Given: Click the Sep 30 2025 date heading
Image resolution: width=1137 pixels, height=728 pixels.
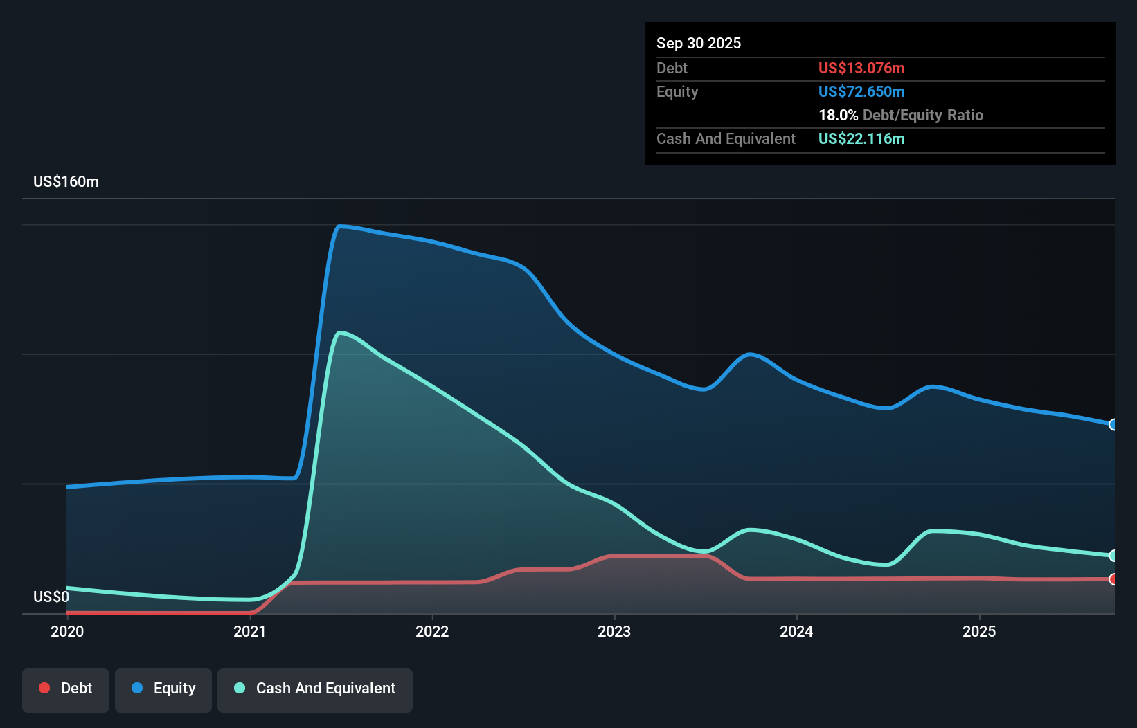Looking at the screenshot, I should (x=698, y=43).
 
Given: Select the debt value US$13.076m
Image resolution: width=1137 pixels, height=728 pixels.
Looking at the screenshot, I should (x=861, y=68).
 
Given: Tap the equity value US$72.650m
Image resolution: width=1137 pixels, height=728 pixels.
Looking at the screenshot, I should (x=861, y=91).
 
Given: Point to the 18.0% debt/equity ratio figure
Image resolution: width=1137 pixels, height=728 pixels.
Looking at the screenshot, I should (x=838, y=115).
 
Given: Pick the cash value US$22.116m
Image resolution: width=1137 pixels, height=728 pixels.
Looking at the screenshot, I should (x=861, y=138).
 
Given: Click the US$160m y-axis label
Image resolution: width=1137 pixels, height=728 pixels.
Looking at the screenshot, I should (x=66, y=181).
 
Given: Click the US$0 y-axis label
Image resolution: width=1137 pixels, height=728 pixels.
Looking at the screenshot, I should (x=51, y=597).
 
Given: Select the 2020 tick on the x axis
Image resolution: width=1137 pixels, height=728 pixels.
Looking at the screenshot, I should (x=67, y=631).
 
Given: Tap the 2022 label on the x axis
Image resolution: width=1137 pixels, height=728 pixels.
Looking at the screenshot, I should (x=431, y=631).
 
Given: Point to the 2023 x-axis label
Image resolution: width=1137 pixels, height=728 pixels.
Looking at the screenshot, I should (x=614, y=631).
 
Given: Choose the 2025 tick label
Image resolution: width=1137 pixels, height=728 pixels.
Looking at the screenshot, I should (x=978, y=631).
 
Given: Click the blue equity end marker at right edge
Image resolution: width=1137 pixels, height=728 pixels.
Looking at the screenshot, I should (x=1113, y=424).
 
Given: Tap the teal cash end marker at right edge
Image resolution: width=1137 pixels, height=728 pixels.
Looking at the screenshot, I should (x=1113, y=556).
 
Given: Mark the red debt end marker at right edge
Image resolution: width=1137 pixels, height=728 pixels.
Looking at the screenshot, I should (x=1113, y=579).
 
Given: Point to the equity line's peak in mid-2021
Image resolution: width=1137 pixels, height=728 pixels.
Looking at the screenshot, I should (x=339, y=226).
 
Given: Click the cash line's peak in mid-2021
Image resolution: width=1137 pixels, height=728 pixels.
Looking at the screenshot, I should (x=339, y=333).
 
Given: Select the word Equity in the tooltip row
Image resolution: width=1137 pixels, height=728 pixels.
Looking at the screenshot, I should (x=677, y=91).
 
